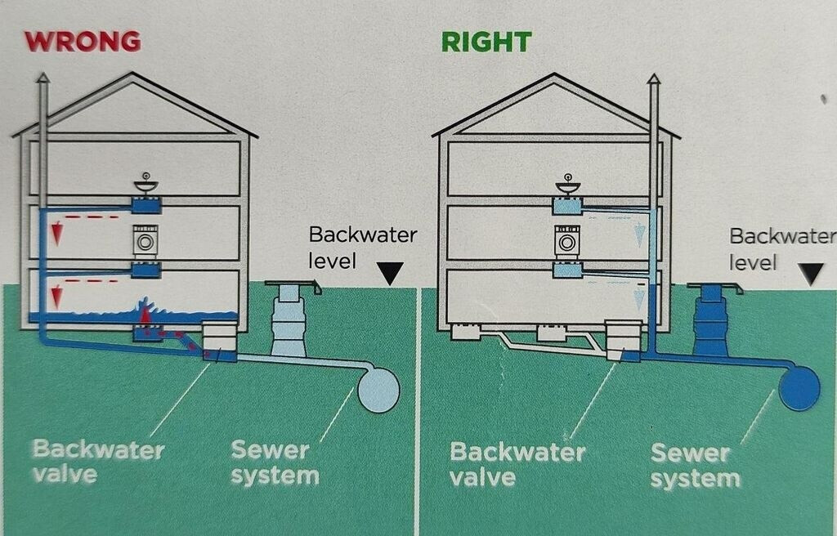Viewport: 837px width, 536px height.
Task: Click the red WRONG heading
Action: [x=82, y=41]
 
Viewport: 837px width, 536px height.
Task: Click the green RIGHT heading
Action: [x=486, y=42]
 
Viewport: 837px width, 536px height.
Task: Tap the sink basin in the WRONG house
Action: [x=145, y=185]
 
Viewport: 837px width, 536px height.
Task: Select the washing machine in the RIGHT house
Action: [x=566, y=243]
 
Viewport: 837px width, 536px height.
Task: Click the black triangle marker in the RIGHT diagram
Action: [x=812, y=273]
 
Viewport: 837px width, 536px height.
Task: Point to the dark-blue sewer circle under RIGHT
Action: [x=799, y=387]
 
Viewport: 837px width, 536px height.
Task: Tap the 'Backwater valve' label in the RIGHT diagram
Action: [x=517, y=463]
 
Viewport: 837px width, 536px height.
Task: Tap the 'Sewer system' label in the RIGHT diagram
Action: [x=695, y=465]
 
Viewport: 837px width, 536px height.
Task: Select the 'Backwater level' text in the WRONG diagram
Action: [x=362, y=248]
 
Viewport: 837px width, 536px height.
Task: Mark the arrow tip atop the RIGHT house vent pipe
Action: [x=653, y=79]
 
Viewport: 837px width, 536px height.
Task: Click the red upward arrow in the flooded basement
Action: [x=145, y=314]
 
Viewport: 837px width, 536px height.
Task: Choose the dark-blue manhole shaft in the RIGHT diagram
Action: [x=709, y=323]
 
